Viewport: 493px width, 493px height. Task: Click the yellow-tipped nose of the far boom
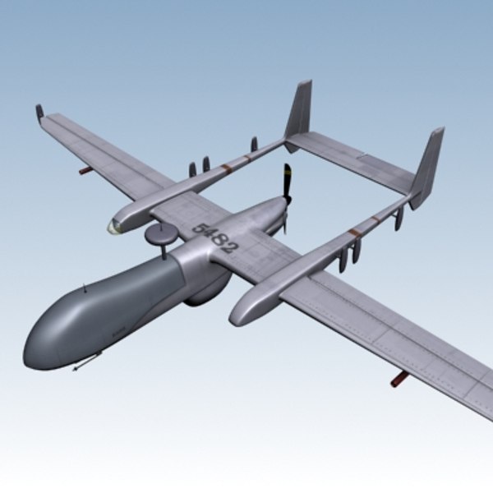[x=114, y=225]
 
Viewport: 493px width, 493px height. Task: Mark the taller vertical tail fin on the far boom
[x=300, y=111]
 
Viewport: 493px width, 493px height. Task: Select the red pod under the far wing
[x=85, y=171]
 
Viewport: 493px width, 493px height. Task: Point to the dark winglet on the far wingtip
[x=39, y=112]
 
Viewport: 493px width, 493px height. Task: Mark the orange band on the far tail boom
[x=226, y=166]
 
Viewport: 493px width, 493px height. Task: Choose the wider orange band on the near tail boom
[x=355, y=233]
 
